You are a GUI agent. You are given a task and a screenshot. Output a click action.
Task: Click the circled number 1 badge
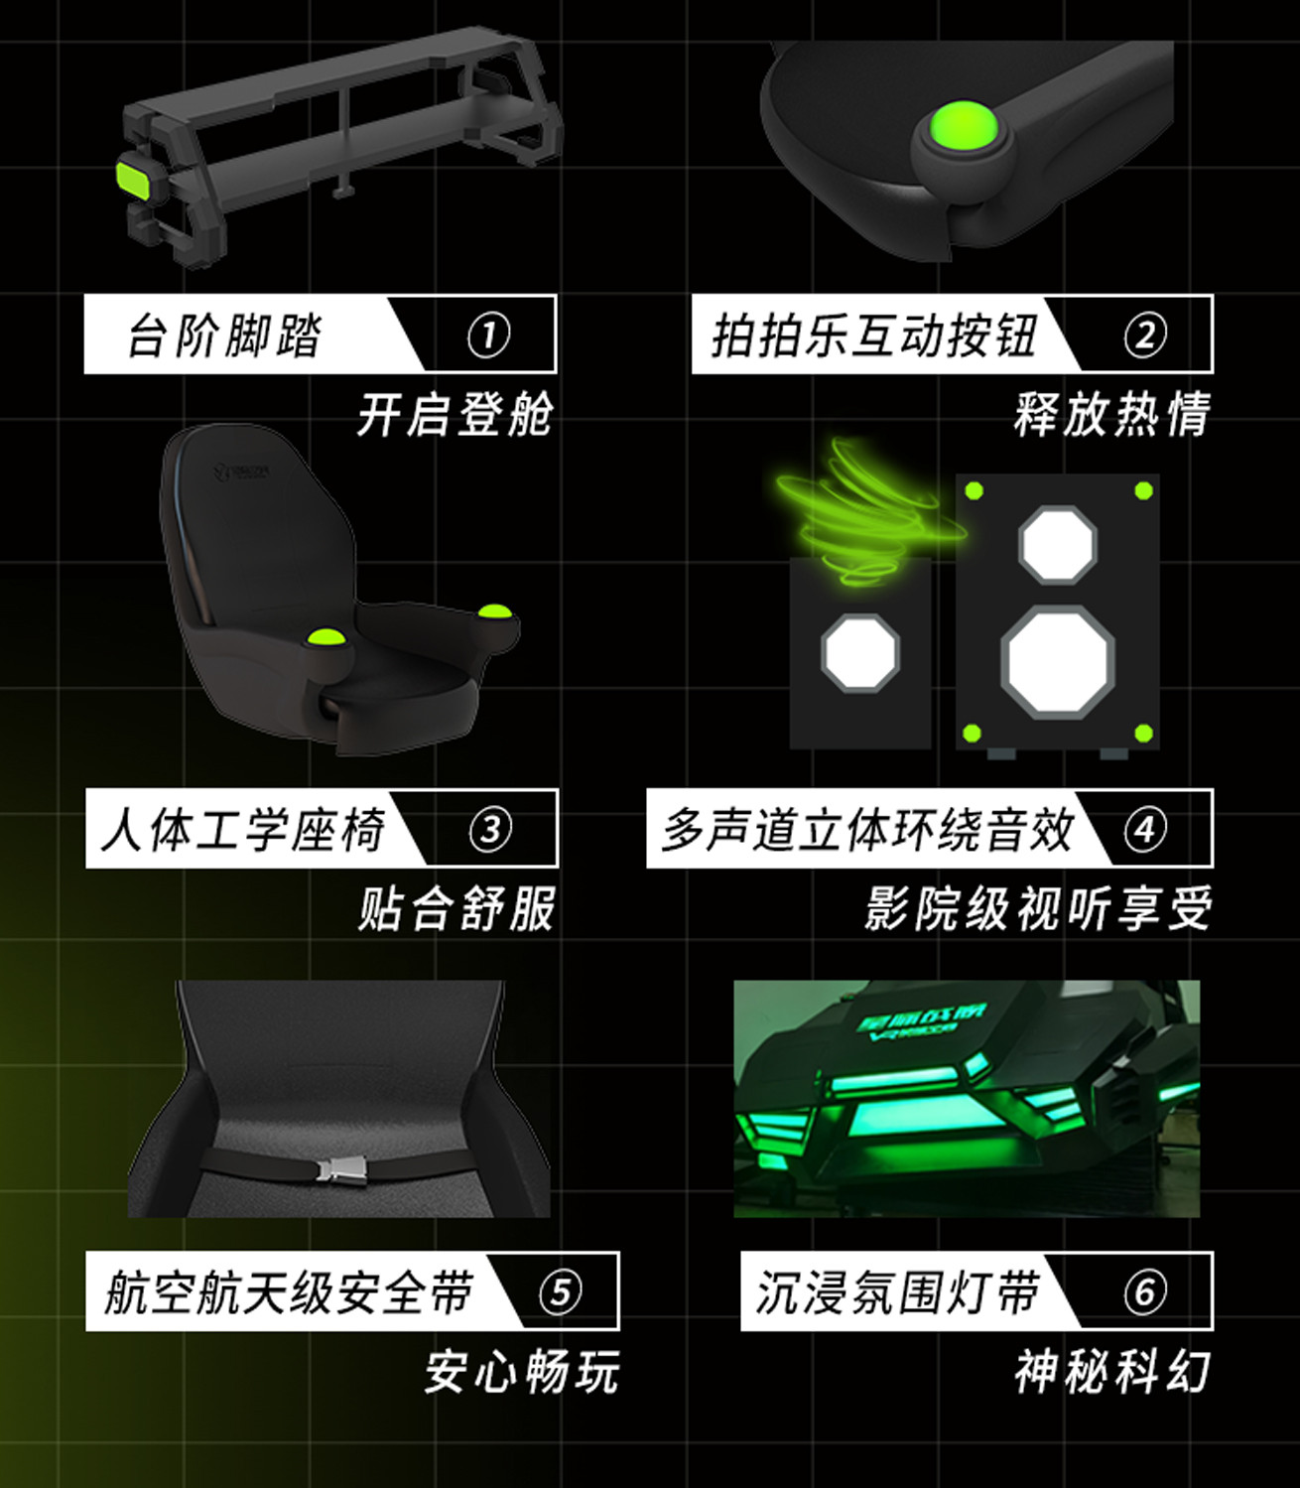click(x=488, y=335)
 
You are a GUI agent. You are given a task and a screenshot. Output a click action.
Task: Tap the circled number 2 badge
click(x=1144, y=335)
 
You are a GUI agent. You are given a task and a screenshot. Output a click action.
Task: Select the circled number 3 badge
click(x=490, y=829)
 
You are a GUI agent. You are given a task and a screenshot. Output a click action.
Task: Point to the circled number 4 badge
click(x=1144, y=829)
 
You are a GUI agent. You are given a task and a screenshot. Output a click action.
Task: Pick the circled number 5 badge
click(x=560, y=1291)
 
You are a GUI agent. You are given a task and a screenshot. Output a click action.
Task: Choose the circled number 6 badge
click(x=1144, y=1291)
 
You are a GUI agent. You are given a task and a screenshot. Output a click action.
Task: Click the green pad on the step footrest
click(x=132, y=178)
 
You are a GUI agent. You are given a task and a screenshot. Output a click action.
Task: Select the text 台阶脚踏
click(x=225, y=335)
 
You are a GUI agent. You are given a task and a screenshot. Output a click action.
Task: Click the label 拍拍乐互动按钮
click(x=874, y=335)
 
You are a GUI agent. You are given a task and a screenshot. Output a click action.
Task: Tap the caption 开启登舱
click(x=455, y=414)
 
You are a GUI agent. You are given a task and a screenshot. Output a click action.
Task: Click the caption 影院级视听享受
click(x=1037, y=907)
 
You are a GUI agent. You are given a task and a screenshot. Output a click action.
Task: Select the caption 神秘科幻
click(x=1111, y=1372)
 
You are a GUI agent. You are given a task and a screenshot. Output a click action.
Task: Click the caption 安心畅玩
click(x=521, y=1372)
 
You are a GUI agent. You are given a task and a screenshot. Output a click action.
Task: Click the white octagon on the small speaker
click(x=860, y=652)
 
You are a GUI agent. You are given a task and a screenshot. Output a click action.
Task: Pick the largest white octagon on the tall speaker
click(x=1057, y=661)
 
